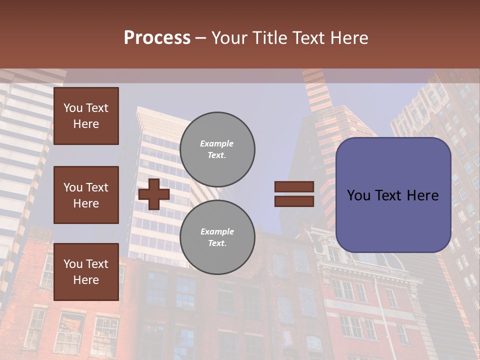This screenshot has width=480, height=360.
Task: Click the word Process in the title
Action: pyautogui.click(x=157, y=37)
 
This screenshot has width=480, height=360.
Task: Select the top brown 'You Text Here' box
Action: pyautogui.click(x=86, y=116)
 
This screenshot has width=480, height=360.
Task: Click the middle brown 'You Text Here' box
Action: pyautogui.click(x=86, y=195)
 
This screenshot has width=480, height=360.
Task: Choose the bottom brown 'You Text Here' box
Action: pyautogui.click(x=86, y=271)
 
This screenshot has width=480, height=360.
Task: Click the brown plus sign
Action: pyautogui.click(x=154, y=194)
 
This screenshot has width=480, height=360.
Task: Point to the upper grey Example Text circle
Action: pyautogui.click(x=217, y=149)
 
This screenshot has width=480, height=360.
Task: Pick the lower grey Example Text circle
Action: pyautogui.click(x=217, y=237)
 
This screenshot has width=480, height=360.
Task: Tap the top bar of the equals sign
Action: pyautogui.click(x=294, y=187)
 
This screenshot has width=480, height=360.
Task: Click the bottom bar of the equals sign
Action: pyautogui.click(x=294, y=201)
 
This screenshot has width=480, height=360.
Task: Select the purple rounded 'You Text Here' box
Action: pyautogui.click(x=393, y=195)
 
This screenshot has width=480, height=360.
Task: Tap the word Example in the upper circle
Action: pyautogui.click(x=217, y=143)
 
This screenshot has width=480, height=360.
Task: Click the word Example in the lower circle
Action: pyautogui.click(x=217, y=231)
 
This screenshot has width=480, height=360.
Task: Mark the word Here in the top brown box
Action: pyautogui.click(x=86, y=124)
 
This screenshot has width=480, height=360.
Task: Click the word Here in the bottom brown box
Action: pyautogui.click(x=86, y=280)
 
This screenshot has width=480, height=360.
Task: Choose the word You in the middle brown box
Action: pyautogui.click(x=73, y=187)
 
